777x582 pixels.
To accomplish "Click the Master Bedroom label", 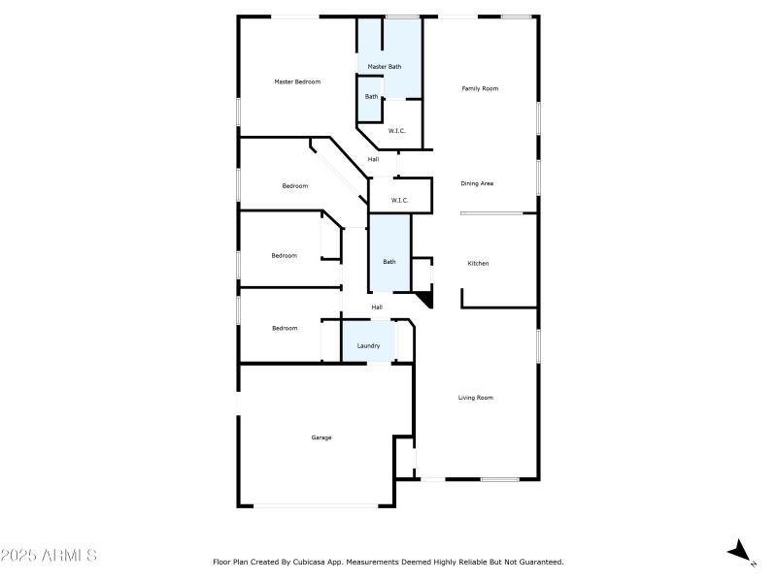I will click(297, 81).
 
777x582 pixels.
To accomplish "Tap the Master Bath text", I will click(384, 66).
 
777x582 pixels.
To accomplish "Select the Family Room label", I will click(480, 88).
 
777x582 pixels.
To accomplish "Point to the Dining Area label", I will click(477, 182).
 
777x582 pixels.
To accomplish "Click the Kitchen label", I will click(478, 263).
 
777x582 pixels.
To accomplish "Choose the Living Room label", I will click(476, 397).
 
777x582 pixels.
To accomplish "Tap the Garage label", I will click(321, 437).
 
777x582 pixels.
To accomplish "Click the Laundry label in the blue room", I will click(368, 345).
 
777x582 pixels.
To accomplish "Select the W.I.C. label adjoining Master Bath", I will click(396, 130).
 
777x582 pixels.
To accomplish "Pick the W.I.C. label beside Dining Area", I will click(399, 200).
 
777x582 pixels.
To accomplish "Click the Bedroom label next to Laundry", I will click(285, 328).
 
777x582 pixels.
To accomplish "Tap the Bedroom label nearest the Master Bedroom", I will click(295, 185).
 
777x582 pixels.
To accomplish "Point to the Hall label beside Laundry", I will click(377, 307).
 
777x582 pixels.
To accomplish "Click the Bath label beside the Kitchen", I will click(389, 261).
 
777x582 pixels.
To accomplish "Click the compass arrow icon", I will click(741, 551).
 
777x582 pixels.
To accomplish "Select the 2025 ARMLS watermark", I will click(49, 556).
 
